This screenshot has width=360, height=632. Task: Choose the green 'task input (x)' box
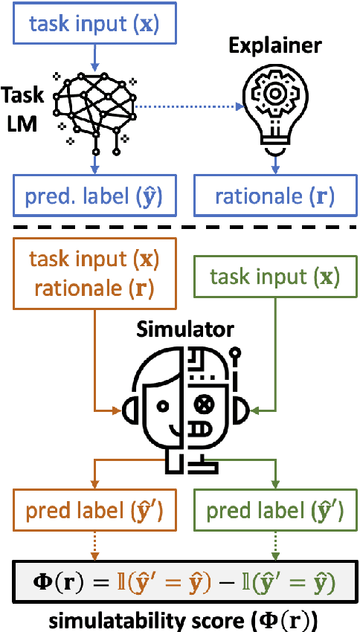275,277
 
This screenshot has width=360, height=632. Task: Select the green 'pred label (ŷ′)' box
274,511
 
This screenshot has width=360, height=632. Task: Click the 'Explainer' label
274,45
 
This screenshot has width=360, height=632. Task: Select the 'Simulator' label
184,329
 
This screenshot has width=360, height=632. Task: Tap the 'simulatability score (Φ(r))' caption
181,616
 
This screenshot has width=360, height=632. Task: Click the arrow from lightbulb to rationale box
274,164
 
